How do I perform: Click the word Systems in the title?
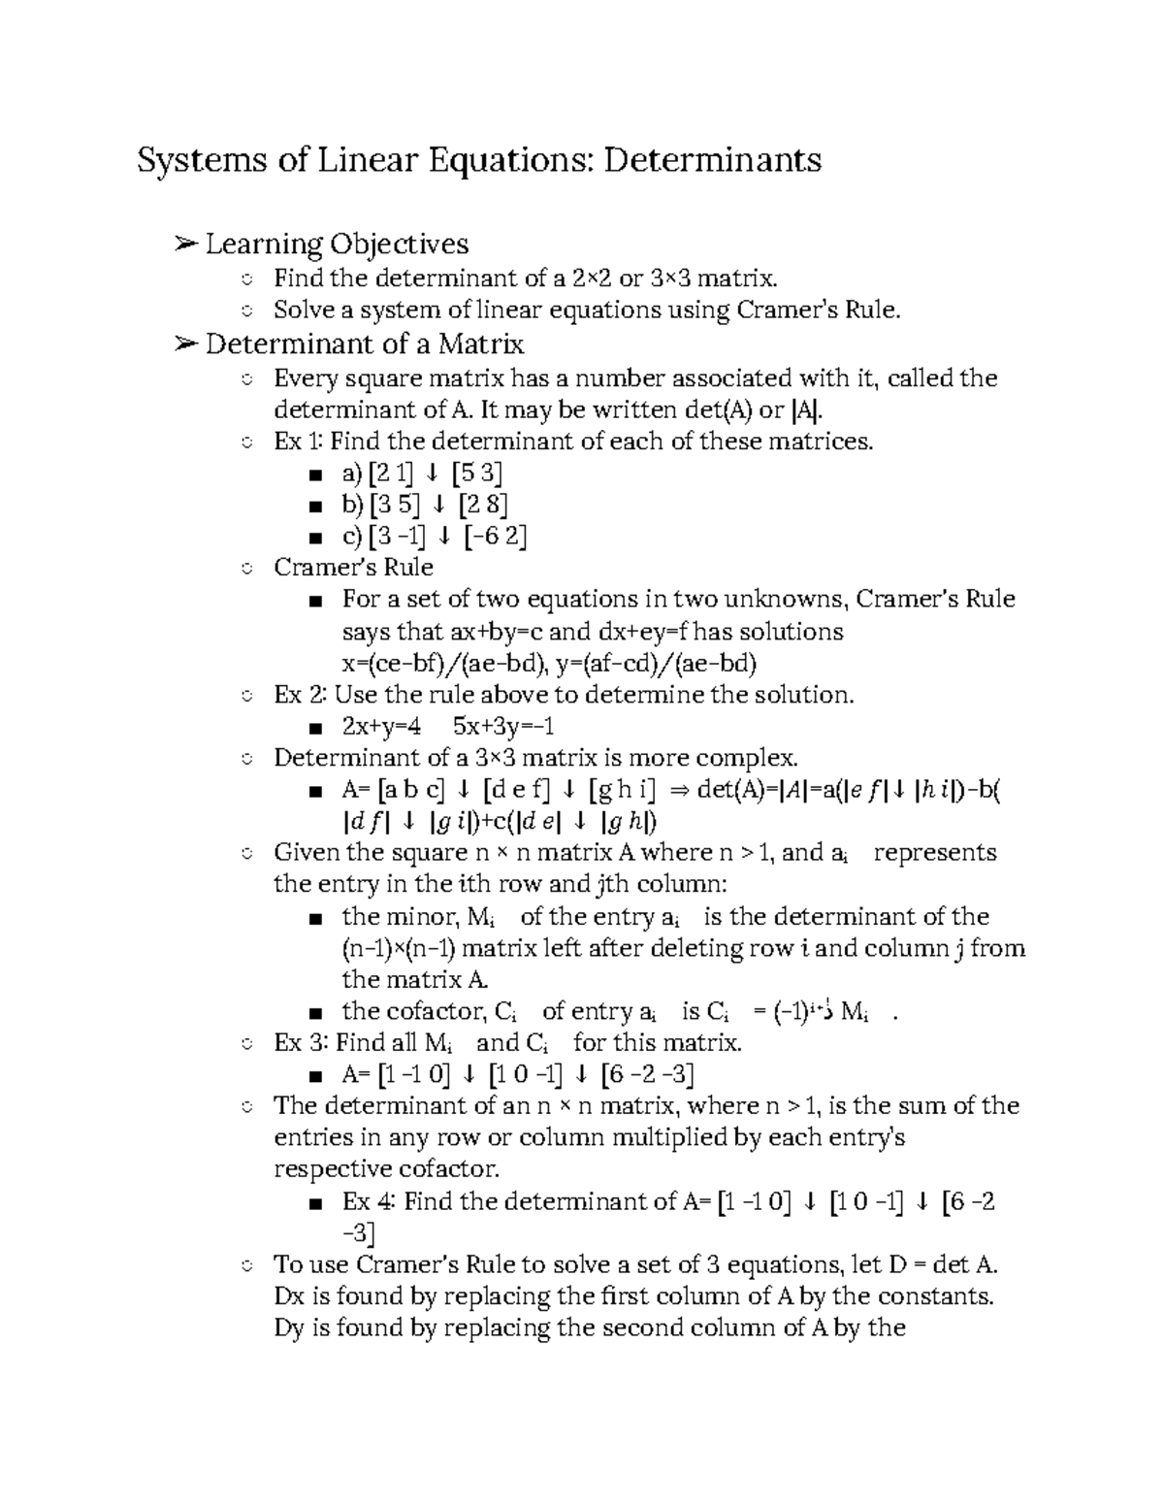201,159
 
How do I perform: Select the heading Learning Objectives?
337,244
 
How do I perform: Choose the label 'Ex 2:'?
300,695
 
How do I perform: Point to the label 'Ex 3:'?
300,1043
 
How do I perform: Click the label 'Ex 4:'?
369,1201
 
